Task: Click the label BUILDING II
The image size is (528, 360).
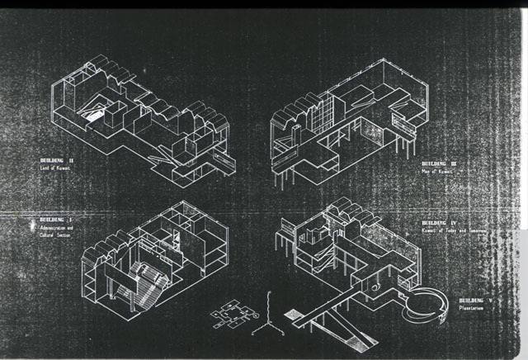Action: coord(56,159)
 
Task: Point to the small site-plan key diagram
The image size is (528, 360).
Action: coord(229,315)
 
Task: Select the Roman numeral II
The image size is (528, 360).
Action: coord(72,159)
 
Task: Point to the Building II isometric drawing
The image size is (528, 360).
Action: coord(148,116)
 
